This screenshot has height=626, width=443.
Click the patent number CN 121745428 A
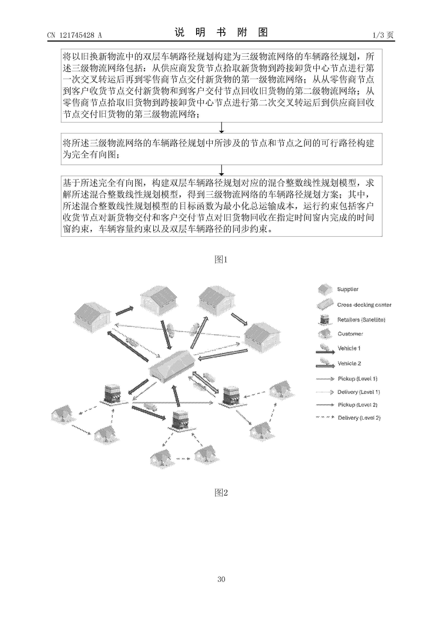pyautogui.click(x=74, y=35)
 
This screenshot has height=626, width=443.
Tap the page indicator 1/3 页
pyautogui.click(x=383, y=35)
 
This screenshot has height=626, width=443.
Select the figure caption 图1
pyautogui.click(x=221, y=260)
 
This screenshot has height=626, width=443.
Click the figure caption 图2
pyautogui.click(x=221, y=492)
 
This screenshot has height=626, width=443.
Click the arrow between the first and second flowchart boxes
pyautogui.click(x=221, y=128)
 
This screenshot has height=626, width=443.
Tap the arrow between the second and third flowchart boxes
pyautogui.click(x=221, y=170)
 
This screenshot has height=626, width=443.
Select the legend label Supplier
pyautogui.click(x=347, y=289)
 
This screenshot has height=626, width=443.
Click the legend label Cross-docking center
pyautogui.click(x=364, y=305)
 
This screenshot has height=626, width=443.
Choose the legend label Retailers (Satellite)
pyautogui.click(x=361, y=320)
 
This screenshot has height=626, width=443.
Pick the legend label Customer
pyautogui.click(x=350, y=334)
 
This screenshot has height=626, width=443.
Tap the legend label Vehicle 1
pyautogui.click(x=349, y=348)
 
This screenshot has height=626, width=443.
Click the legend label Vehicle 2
pyautogui.click(x=349, y=364)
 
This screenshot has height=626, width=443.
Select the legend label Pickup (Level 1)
pyautogui.click(x=357, y=378)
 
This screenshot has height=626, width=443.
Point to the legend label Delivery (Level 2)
pyautogui.click(x=359, y=418)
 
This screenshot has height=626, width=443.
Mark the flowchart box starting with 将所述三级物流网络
pyautogui.click(x=221, y=149)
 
